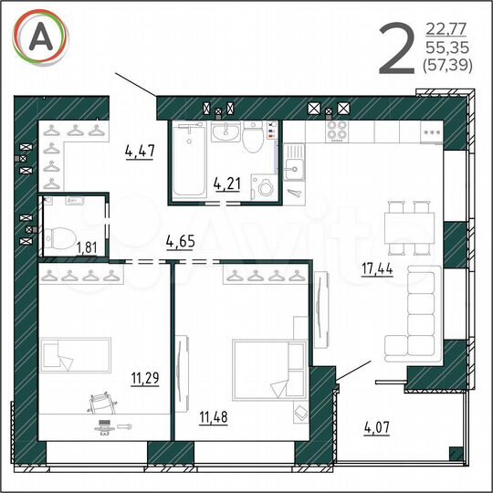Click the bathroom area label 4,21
pos(227,183)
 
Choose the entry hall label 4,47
pos(140,152)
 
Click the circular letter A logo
pos(40,39)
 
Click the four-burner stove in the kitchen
pos(337,131)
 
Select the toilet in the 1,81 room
pos(59,235)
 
